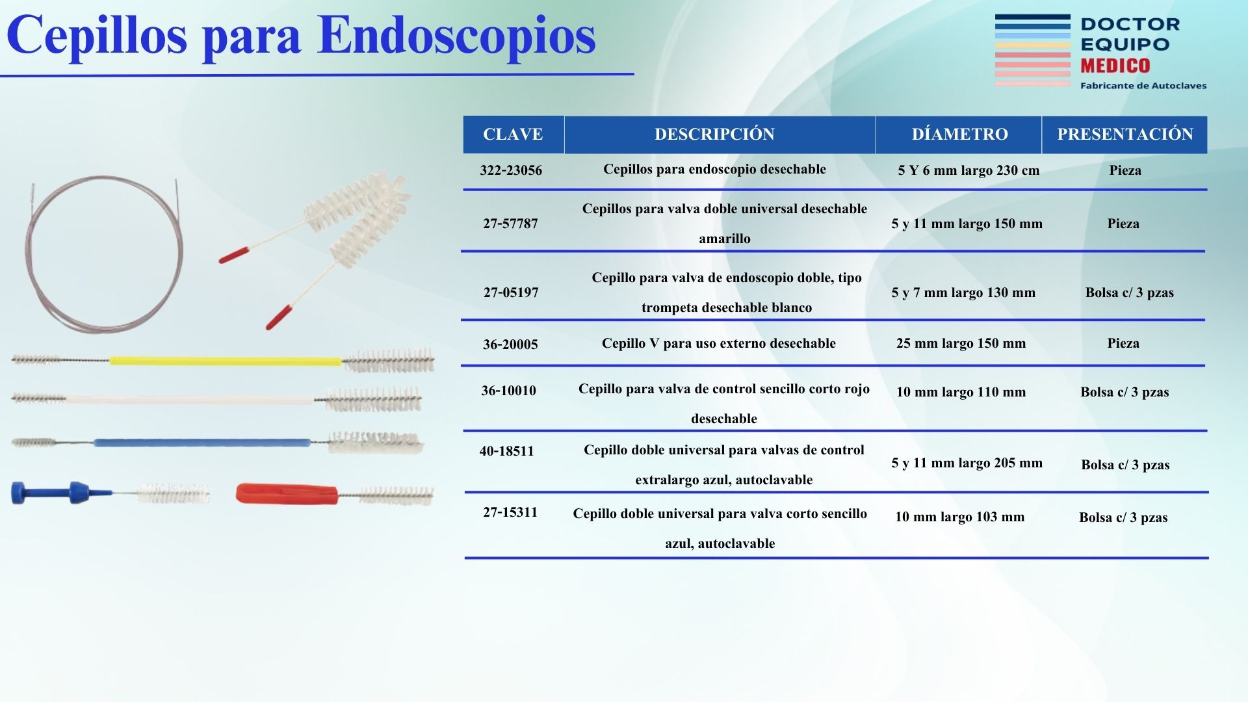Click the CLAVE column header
pyautogui.click(x=513, y=135)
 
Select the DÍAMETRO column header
pyautogui.click(x=959, y=134)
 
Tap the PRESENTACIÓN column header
pyautogui.click(x=1125, y=135)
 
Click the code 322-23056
pyautogui.click(x=511, y=170)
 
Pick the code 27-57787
pyautogui.click(x=510, y=224)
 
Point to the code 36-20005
pyautogui.click(x=510, y=344)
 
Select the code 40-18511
pyautogui.click(x=506, y=451)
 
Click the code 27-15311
pyautogui.click(x=510, y=512)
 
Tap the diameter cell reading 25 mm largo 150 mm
pyautogui.click(x=961, y=343)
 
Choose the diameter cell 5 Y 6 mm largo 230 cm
pyautogui.click(x=968, y=170)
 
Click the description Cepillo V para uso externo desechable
pyautogui.click(x=718, y=343)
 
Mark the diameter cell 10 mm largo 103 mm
pyautogui.click(x=959, y=517)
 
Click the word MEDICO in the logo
pyautogui.click(x=1115, y=66)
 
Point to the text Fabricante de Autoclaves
pyautogui.click(x=1143, y=86)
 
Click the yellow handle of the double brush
pyautogui.click(x=225, y=360)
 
